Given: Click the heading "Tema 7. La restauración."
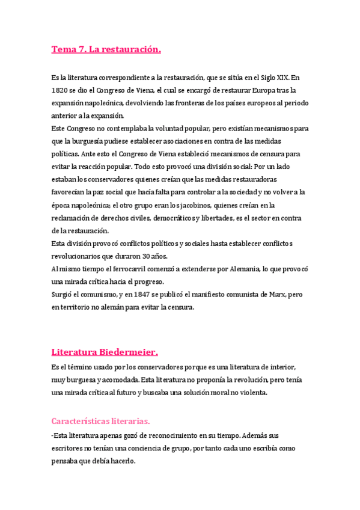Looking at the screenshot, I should pyautogui.click(x=106, y=49).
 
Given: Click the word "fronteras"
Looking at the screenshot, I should pyautogui.click(x=176, y=103).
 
